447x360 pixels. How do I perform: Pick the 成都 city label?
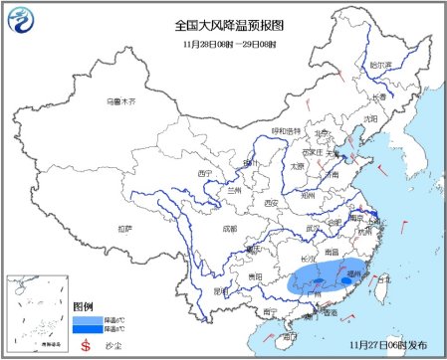tap(232, 228)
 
